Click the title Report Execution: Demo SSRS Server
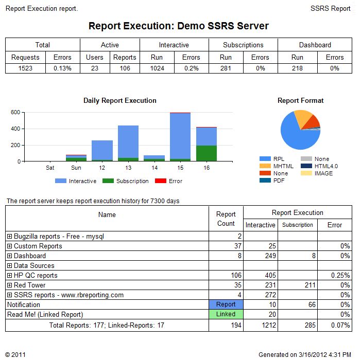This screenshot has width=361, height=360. point(178,26)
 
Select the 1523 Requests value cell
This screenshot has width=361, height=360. point(25,68)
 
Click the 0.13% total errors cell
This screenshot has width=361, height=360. point(63,68)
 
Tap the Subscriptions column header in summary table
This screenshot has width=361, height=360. point(243,45)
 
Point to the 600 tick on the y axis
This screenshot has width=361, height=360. point(15,112)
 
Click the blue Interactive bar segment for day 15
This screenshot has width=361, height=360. point(180,136)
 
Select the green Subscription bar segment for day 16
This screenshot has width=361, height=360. point(207,153)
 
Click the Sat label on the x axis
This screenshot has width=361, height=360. point(50,168)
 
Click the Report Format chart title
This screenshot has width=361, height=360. point(300,101)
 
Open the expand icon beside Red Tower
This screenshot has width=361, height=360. point(9,285)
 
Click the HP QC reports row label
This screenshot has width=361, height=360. point(36,275)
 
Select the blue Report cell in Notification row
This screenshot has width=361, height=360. point(226,304)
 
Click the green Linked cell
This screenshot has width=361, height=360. point(226,314)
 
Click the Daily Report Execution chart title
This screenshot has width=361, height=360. point(120,101)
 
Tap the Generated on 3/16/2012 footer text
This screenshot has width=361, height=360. point(304,354)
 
